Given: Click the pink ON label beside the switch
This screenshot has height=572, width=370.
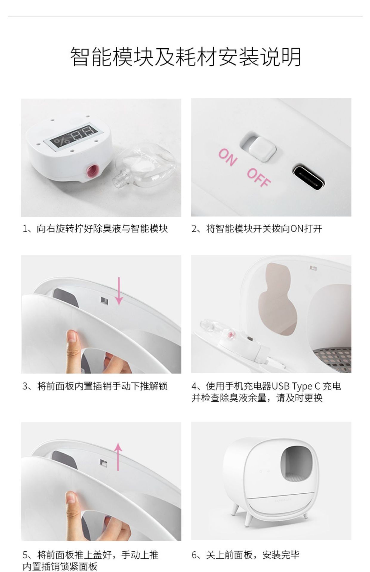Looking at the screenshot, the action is pos(228,157).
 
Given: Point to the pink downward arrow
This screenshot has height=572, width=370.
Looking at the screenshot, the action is pos(119,291).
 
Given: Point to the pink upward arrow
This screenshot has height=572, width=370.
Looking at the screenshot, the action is pos(119,457).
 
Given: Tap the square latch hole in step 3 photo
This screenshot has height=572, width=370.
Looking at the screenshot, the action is pos(104,301).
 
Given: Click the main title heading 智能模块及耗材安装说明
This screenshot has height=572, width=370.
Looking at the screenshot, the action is pos(186,57).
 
